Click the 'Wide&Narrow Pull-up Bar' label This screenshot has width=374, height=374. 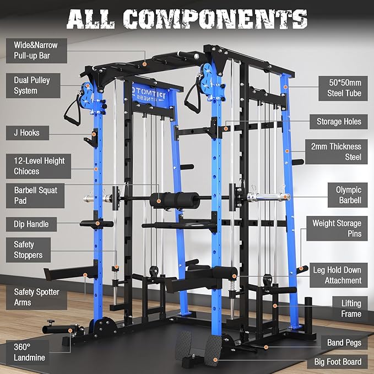click(36, 49)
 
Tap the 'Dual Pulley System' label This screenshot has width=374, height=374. click(32, 85)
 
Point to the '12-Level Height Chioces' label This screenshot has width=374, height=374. click(39, 166)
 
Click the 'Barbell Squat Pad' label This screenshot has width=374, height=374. click(36, 196)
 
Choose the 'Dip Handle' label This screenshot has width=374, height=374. click(31, 224)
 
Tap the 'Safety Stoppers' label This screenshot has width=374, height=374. click(29, 250)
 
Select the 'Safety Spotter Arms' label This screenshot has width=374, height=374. click(37, 297)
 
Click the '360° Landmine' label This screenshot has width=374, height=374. click(30, 352)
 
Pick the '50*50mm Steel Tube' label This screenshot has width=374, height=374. click(342, 88)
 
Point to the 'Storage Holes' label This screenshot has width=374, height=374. click(339, 122)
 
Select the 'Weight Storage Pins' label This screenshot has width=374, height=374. click(337, 229)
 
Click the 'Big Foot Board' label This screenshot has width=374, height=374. click(338, 361)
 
